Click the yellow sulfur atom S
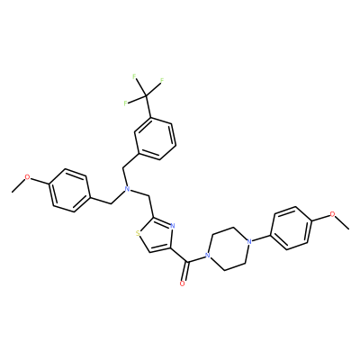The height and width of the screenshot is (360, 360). point(138,233)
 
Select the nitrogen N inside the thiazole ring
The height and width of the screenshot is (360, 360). point(172,226)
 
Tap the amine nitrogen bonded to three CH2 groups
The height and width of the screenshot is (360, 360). point(128,189)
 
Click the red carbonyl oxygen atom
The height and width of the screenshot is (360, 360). point(182,283)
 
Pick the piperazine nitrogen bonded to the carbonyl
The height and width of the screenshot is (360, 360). point(206,256)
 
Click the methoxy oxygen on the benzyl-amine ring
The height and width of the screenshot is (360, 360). point(27,177)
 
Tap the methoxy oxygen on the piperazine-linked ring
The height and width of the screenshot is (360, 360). point(332,214)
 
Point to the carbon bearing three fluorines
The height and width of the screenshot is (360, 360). point(146,95)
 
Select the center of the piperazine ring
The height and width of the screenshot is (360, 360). point(228,248)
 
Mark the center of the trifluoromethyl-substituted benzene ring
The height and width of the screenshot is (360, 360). point(155,139)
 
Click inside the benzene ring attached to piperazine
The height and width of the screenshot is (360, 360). point(292,228)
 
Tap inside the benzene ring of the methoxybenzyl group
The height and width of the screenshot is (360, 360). point(70,191)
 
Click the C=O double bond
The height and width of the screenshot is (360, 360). point(185,273)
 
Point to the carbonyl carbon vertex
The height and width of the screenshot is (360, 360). point(188,263)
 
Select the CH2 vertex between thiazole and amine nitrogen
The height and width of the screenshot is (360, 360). point(148,195)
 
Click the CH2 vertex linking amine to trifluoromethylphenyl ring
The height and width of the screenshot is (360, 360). point(123,168)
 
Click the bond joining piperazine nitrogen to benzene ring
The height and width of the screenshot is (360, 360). point(261,238)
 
